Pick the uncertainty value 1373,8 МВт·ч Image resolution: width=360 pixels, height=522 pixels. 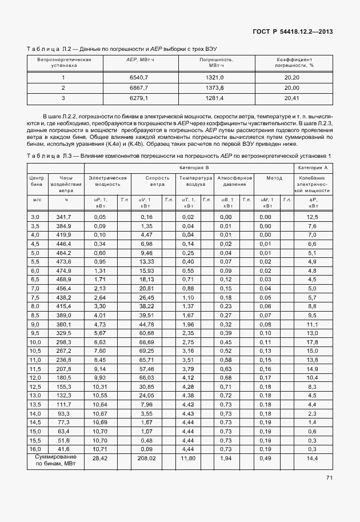(214, 87)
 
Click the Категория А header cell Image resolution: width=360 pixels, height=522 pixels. (313, 168)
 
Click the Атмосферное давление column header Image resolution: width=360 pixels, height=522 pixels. (235, 181)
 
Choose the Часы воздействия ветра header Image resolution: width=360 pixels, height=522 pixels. (66, 184)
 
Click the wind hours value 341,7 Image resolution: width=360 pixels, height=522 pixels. (63, 217)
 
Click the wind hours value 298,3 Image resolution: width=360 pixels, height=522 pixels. (63, 342)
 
